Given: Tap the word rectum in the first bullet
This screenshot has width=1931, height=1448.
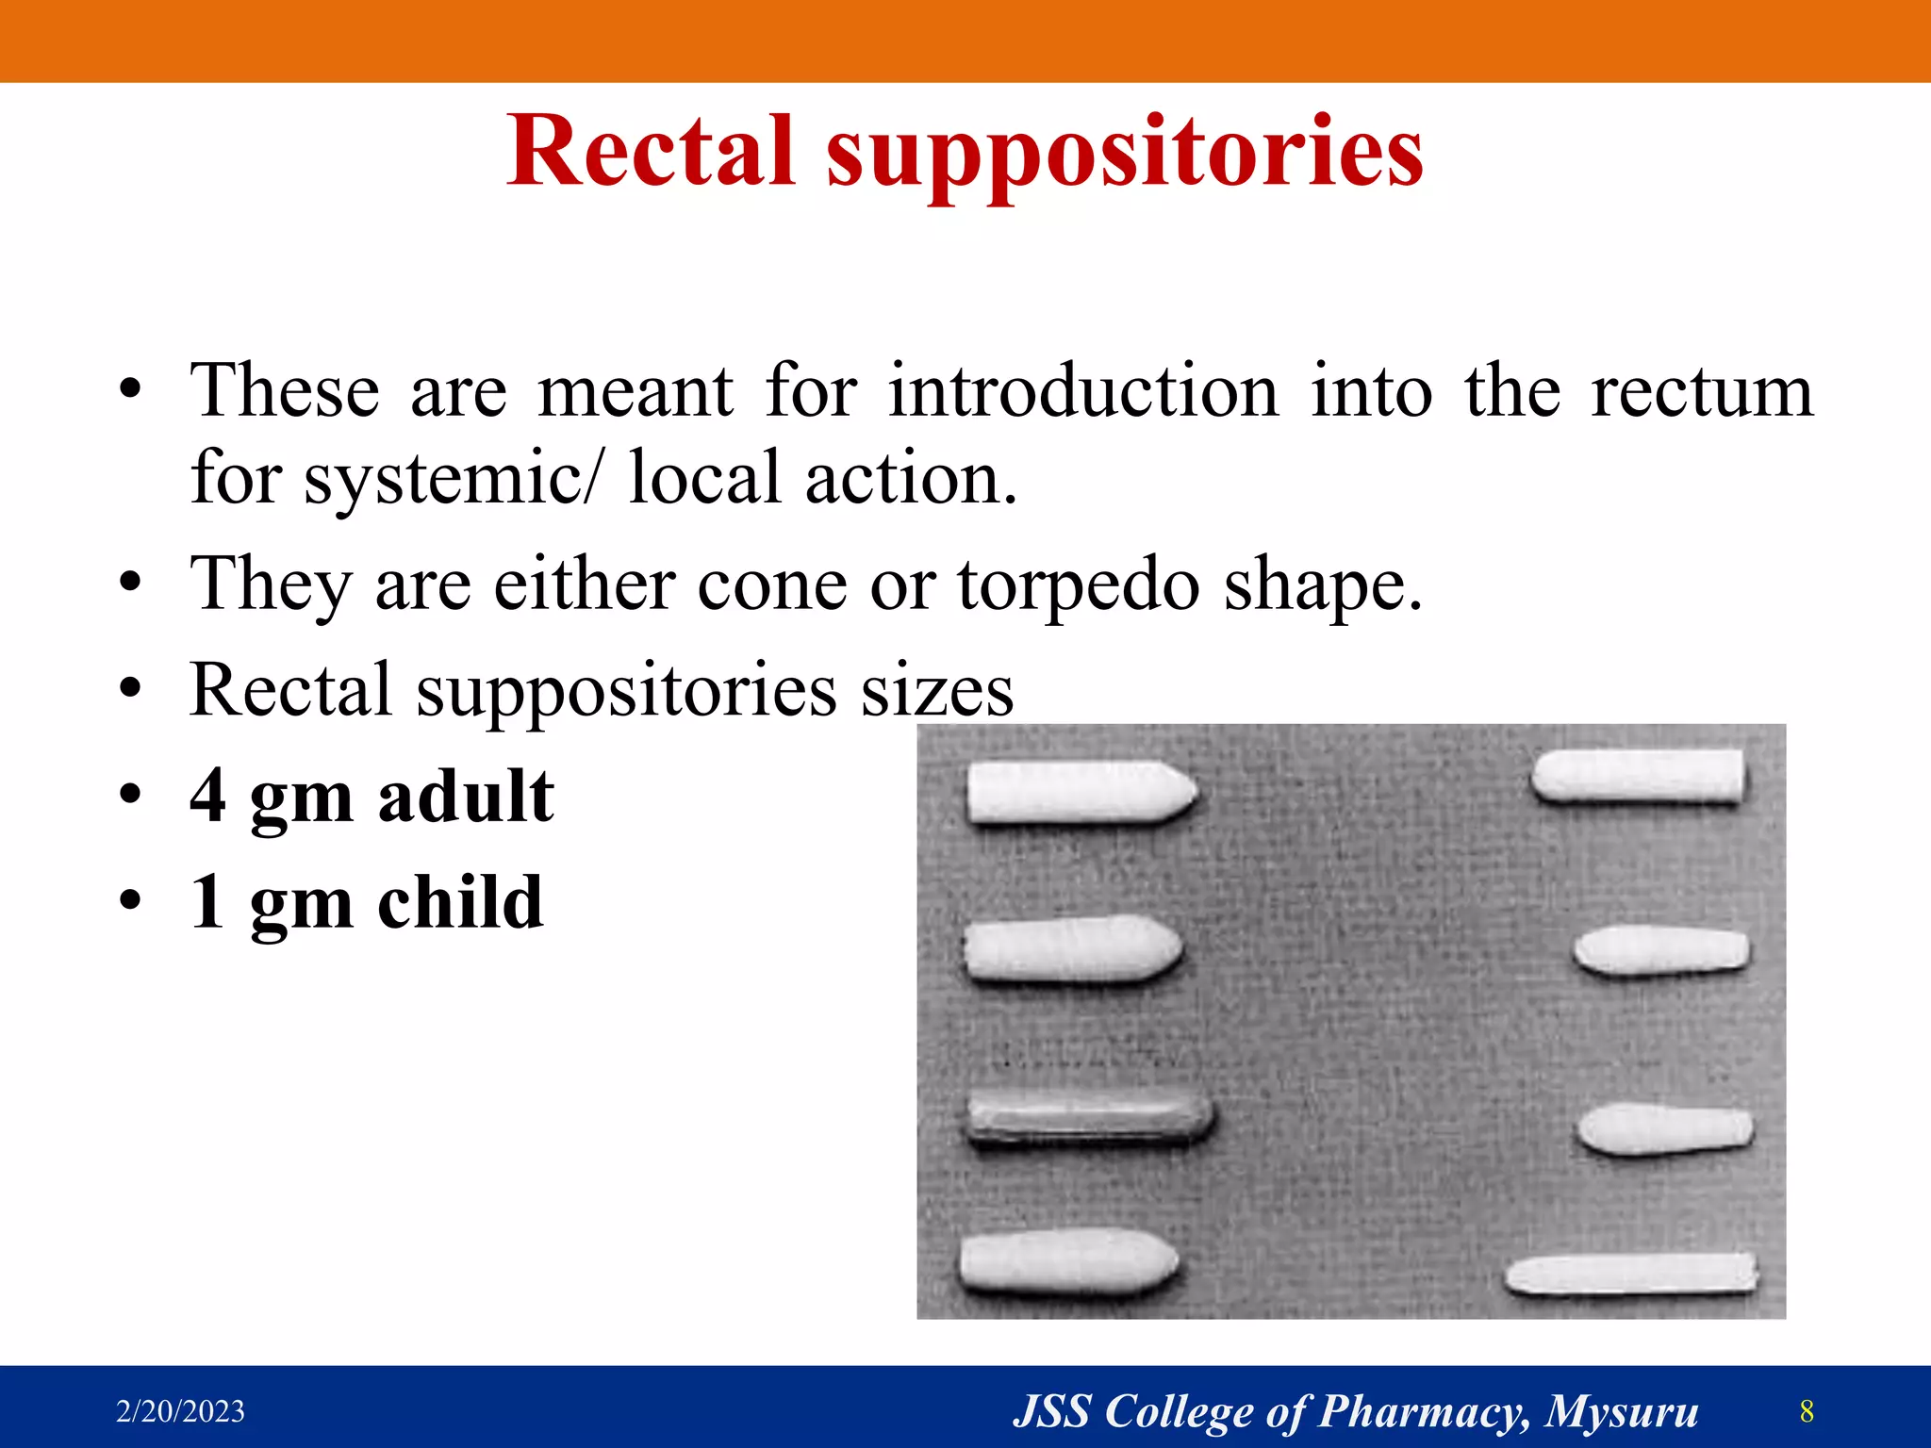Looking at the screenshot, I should click(1702, 390).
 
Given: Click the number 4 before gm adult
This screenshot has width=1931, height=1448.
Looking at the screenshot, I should click(208, 795).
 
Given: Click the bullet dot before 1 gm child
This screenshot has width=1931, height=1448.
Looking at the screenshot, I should click(130, 900).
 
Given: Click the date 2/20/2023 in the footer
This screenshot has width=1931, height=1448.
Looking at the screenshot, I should click(180, 1411).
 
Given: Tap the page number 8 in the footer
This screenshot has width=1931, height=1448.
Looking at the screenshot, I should click(1806, 1411).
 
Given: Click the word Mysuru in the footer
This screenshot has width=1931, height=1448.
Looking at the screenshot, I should click(1621, 1411).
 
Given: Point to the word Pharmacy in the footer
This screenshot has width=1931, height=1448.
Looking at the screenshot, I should click(1422, 1411).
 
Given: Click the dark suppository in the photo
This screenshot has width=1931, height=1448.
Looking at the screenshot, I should click(1089, 1119).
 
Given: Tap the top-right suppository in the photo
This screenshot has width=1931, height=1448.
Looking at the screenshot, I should click(1637, 777).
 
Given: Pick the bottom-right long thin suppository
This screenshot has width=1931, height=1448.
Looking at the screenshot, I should click(1630, 1274).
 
